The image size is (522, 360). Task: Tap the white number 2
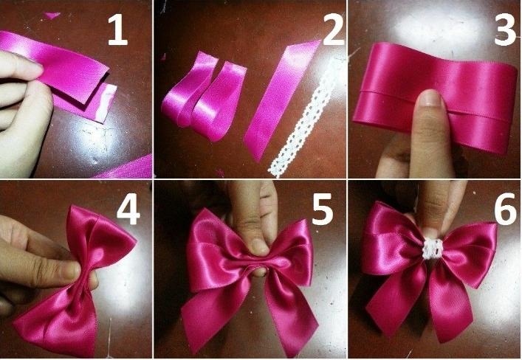333,30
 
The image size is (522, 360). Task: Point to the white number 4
128,210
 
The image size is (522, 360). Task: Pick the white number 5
322,210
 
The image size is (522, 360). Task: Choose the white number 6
506,210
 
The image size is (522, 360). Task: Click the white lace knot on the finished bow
433,249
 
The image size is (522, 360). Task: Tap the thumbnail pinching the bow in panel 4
72,270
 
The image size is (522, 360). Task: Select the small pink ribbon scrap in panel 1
52,15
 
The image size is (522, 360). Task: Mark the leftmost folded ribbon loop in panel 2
188,89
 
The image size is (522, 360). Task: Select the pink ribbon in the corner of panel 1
126,168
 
